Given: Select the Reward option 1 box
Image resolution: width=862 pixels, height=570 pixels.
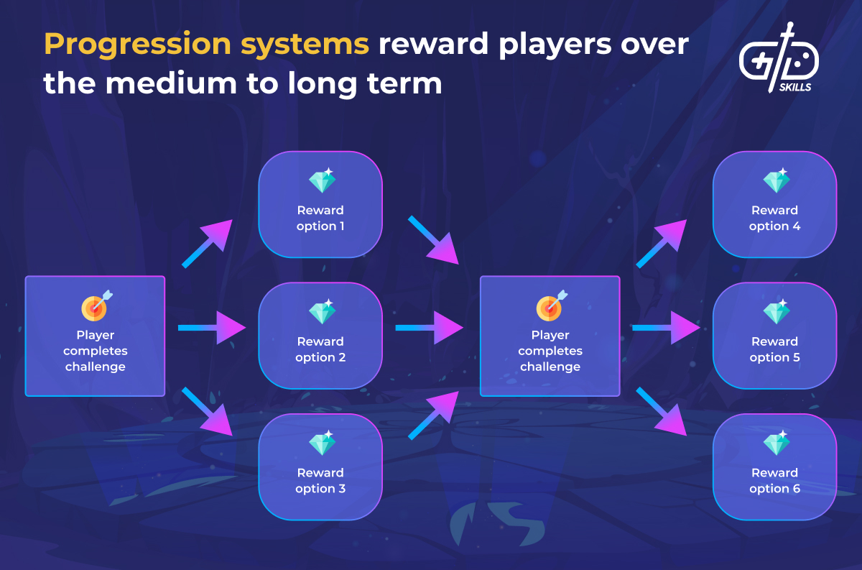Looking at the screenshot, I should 320,204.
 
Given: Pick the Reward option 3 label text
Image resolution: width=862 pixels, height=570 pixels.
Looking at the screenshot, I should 320,481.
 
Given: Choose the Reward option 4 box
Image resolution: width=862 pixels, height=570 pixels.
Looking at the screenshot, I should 774,204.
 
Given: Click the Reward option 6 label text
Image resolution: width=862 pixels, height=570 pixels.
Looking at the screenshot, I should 774,481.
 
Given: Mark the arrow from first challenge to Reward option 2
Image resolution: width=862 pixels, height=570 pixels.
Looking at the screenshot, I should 212,328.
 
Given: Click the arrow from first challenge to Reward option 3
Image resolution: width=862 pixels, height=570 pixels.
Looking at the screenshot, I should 208,412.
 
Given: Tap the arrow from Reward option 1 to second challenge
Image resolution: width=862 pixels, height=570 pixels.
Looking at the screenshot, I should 434,240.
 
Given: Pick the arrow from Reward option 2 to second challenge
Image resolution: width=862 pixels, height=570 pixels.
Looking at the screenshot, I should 429,328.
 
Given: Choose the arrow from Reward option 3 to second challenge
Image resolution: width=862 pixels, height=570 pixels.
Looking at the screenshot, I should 434,415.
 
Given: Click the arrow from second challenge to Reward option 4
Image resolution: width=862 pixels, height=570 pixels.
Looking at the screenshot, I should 662,244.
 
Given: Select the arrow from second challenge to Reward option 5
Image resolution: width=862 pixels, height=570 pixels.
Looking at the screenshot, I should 666,328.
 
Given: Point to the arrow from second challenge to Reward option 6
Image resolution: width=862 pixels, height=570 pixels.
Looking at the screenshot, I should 662,412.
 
